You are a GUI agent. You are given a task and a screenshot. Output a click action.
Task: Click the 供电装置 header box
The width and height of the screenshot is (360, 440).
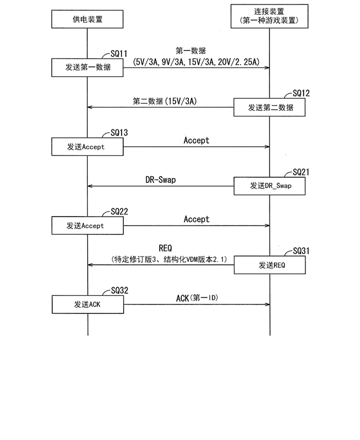(x=87, y=19)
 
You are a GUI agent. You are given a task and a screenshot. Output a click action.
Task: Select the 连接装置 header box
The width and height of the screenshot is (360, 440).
(x=269, y=16)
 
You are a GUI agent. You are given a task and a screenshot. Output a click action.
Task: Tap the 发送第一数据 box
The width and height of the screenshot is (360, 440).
(x=87, y=68)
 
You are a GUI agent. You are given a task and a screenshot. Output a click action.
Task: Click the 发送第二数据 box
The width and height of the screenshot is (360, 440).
(x=269, y=107)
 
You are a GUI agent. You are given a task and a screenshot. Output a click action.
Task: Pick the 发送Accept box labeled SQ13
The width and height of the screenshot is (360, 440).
(x=87, y=146)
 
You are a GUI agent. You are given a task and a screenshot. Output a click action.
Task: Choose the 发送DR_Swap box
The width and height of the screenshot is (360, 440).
(x=269, y=186)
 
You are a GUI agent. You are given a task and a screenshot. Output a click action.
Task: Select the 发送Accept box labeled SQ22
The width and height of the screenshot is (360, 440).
(x=88, y=225)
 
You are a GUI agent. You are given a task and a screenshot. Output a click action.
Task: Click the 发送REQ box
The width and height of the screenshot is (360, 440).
(x=269, y=265)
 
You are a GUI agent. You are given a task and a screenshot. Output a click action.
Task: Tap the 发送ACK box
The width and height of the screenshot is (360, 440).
(x=88, y=304)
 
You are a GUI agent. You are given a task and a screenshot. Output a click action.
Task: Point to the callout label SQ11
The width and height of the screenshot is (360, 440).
(x=119, y=53)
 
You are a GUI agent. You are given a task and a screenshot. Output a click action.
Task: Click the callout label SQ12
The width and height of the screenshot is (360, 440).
(x=301, y=93)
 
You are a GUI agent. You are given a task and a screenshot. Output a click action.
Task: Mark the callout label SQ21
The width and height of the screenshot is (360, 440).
(x=301, y=172)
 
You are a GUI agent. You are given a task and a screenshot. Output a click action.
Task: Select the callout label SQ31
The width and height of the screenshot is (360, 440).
(x=301, y=251)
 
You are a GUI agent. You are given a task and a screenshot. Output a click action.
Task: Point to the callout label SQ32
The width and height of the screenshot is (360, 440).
(x=120, y=290)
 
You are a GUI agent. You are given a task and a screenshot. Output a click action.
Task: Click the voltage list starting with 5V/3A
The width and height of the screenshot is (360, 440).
(x=196, y=62)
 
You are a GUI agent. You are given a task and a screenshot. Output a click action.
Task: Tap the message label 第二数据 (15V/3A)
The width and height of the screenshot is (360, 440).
(x=165, y=101)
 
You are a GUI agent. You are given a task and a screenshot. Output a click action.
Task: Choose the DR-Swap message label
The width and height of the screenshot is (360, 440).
(x=160, y=179)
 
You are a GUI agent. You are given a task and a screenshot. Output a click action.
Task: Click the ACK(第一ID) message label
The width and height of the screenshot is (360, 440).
(x=197, y=298)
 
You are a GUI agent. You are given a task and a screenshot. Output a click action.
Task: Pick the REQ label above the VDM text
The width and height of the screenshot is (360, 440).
(x=165, y=248)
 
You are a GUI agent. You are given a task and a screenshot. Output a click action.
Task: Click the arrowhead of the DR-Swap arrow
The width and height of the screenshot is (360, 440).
(x=89, y=186)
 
